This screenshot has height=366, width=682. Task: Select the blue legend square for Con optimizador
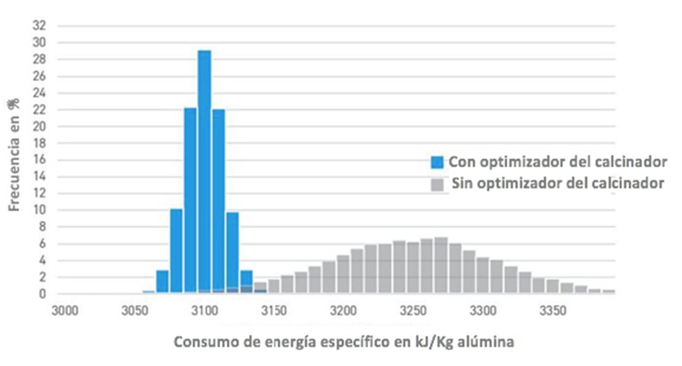pos(437,162)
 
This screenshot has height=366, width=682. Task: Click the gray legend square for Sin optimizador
pos(437,185)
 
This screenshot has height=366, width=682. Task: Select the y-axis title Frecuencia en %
pos(14,154)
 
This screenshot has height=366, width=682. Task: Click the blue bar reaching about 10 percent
pos(176,251)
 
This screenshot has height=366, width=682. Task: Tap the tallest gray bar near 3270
pos(441,265)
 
